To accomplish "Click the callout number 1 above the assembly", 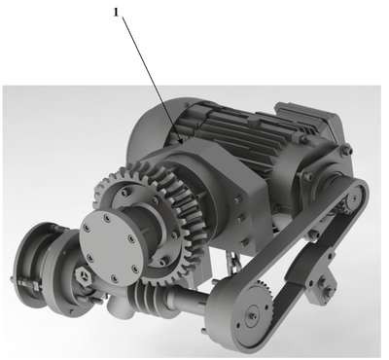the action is (117, 13).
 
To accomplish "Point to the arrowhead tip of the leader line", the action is (183, 143).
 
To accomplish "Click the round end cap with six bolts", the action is (112, 245).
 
